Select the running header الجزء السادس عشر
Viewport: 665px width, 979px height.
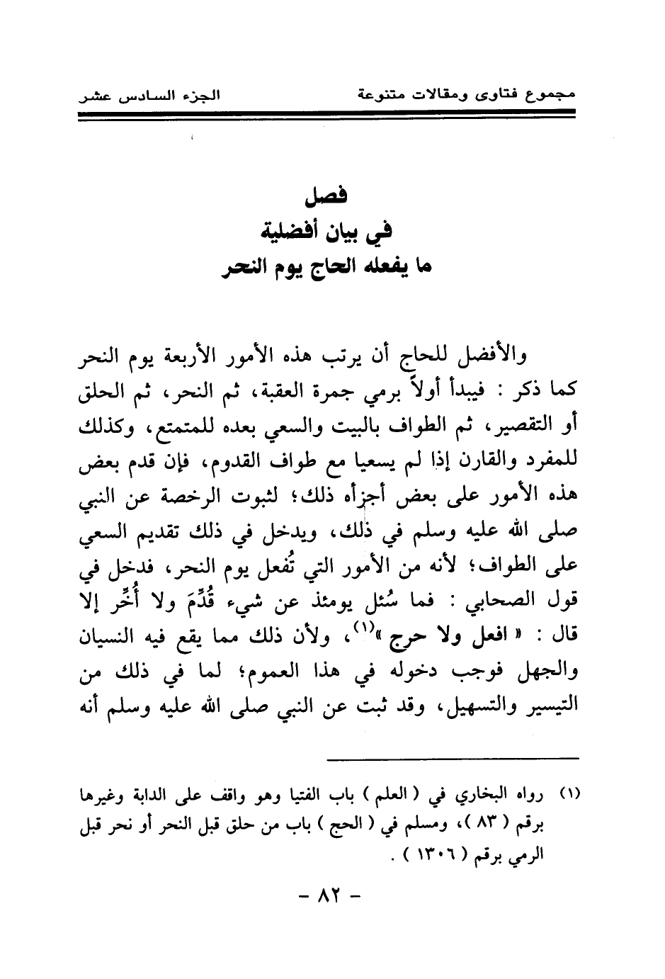point(150,96)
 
